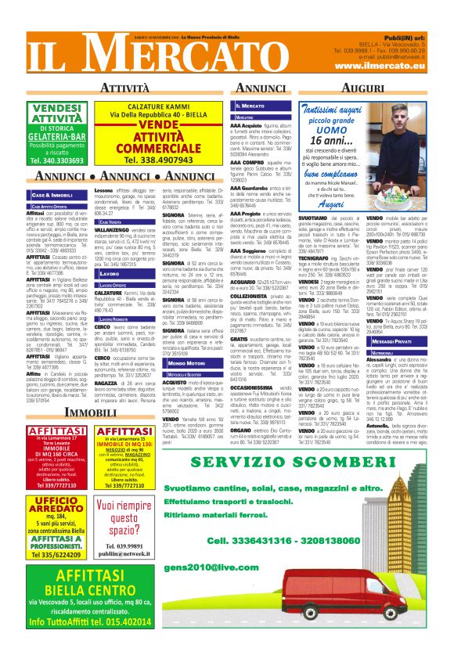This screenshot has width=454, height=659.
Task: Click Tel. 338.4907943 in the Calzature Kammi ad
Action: (160, 159)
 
